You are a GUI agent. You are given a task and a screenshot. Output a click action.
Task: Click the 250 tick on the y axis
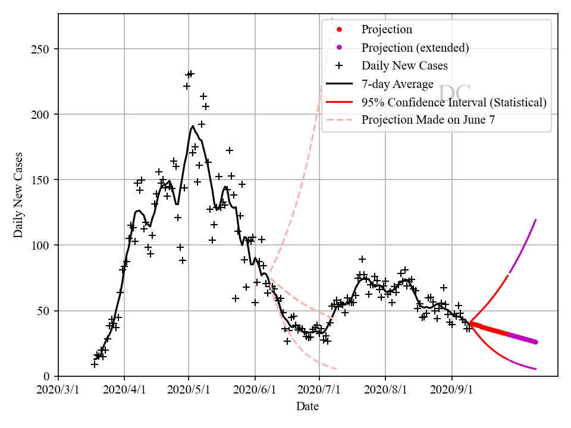[40, 49]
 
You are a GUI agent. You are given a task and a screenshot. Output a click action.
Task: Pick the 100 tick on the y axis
[40, 245]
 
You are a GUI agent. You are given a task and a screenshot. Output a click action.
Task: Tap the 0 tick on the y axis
[45, 376]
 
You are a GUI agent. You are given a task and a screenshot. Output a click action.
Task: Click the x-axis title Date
[308, 407]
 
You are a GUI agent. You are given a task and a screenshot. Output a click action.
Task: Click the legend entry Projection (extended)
[415, 48]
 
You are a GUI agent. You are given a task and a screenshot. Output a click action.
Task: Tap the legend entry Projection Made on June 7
[428, 119]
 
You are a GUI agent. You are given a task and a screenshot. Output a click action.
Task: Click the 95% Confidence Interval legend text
[454, 102]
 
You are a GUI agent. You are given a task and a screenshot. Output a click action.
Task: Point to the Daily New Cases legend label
[404, 65]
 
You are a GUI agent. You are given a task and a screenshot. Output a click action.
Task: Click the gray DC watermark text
[454, 93]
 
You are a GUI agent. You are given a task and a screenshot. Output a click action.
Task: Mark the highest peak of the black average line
[193, 126]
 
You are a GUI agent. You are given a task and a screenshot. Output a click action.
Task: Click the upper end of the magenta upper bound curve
[536, 220]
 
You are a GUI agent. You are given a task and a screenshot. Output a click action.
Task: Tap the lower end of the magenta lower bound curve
[536, 369]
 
